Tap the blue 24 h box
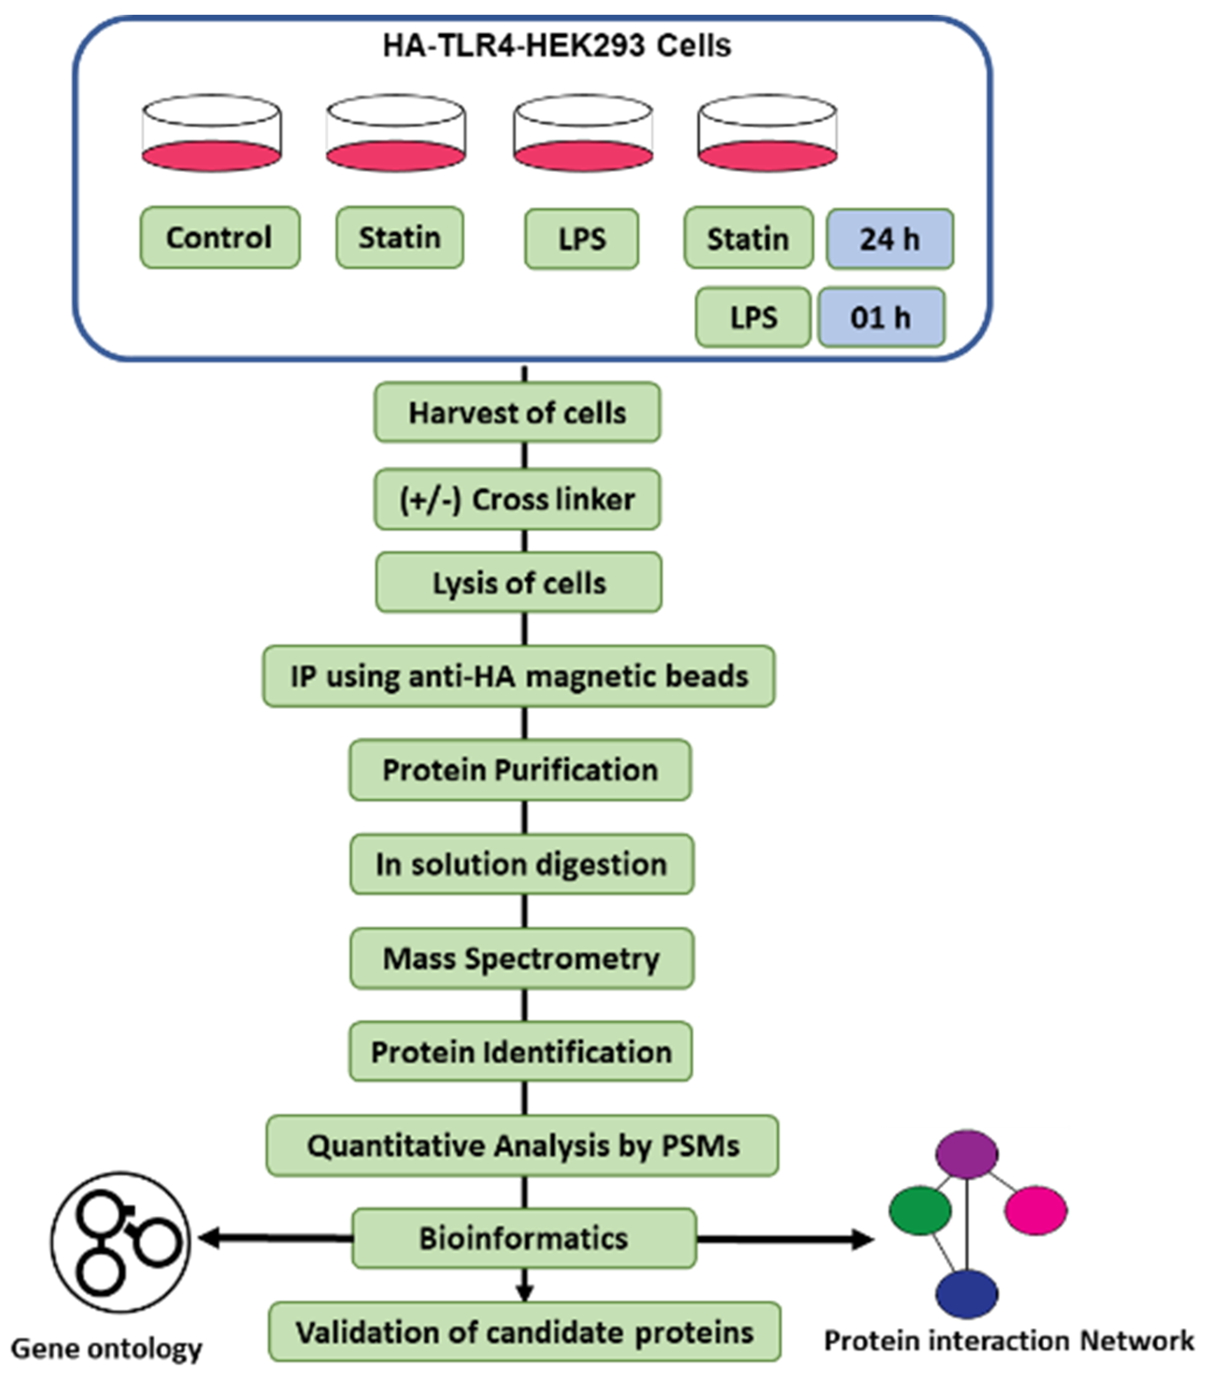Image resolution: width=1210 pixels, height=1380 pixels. click(x=889, y=239)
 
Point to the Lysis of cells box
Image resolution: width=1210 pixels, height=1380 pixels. click(x=518, y=583)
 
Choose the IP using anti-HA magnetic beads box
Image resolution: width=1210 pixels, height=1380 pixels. click(x=518, y=676)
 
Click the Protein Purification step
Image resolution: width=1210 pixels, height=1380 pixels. click(x=520, y=770)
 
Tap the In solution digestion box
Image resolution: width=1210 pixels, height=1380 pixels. click(x=521, y=864)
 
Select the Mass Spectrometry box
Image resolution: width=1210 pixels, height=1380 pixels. click(x=521, y=958)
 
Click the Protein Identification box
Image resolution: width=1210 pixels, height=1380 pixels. click(x=520, y=1051)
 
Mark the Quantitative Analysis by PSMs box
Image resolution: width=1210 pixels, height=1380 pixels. click(x=522, y=1145)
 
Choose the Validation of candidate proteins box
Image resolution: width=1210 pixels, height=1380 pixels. click(x=524, y=1332)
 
